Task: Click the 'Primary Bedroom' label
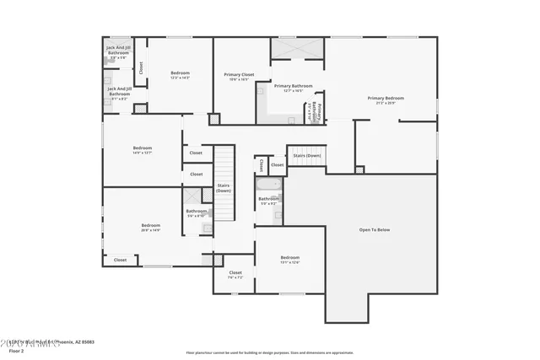pos(386,98)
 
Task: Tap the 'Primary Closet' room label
pos(240,75)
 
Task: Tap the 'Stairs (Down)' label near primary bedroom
pos(307,155)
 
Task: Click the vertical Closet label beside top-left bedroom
pos(141,67)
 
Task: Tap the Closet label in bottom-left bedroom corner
pos(121,261)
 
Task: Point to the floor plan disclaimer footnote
pos(269,352)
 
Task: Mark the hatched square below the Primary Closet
pos(214,120)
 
